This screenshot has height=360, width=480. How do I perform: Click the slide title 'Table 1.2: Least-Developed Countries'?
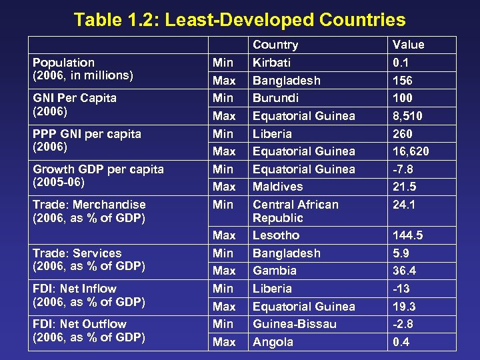(x=239, y=19)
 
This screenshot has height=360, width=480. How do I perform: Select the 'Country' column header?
(x=275, y=45)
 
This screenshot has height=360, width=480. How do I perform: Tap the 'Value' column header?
(x=408, y=45)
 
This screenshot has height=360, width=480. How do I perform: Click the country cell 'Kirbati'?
(x=271, y=63)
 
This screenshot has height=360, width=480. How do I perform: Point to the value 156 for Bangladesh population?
(x=403, y=81)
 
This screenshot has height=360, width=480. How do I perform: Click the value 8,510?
(x=407, y=116)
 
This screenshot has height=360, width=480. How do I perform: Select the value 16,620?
(x=411, y=151)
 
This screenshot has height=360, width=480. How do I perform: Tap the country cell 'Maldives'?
(x=277, y=187)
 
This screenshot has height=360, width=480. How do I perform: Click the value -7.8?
(x=404, y=169)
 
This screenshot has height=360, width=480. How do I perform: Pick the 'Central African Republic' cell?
(x=295, y=211)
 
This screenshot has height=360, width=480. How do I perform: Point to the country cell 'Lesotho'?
(x=276, y=235)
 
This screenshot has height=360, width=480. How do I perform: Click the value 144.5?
(x=407, y=235)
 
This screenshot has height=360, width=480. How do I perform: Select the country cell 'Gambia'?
(x=275, y=271)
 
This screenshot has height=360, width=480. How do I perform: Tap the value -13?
(x=402, y=289)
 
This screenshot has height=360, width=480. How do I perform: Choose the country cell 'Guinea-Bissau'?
(x=294, y=324)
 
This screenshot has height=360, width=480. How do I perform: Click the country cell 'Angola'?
(x=273, y=342)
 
